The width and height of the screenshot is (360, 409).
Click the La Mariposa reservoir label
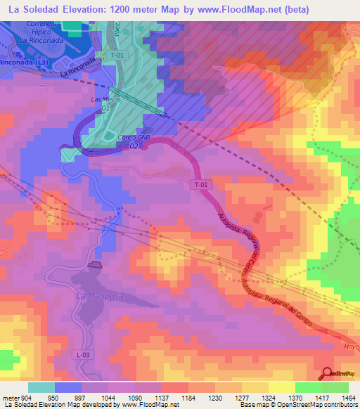pyautogui.click(x=100, y=296)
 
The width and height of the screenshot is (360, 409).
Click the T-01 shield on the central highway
pyautogui.click(x=201, y=185)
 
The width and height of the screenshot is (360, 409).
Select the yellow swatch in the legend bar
pyautogui.click(x=282, y=387)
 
